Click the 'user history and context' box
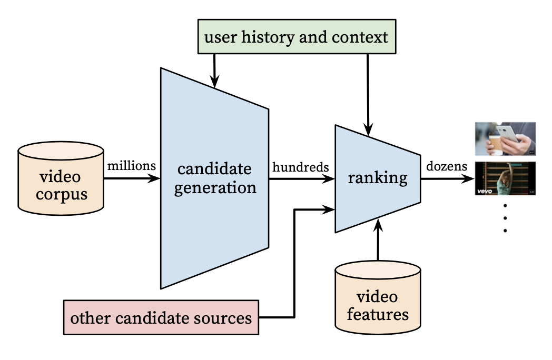[296, 37]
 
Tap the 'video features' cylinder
[378, 300]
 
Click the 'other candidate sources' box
[161, 317]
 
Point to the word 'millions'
[132, 166]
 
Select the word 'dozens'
[447, 166]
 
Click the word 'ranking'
[377, 178]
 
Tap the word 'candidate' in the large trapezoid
[215, 169]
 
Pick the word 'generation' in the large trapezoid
[215, 187]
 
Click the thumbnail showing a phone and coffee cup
[505, 139]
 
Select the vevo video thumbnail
[505, 178]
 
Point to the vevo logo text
[485, 192]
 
